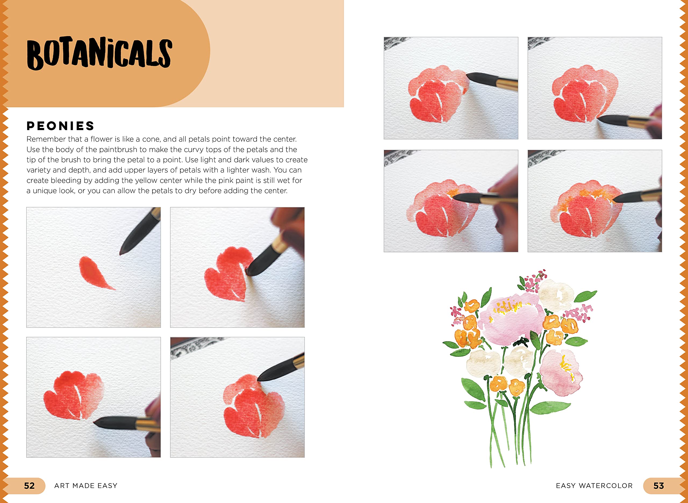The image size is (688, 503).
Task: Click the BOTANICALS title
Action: pyautogui.click(x=99, y=53)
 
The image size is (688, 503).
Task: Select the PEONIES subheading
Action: pyautogui.click(x=60, y=126)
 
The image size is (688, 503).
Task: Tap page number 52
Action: pyautogui.click(x=30, y=486)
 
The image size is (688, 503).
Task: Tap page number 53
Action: pyautogui.click(x=658, y=486)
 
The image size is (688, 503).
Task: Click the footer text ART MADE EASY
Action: pyautogui.click(x=86, y=486)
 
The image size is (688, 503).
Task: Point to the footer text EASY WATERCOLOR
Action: pyautogui.click(x=594, y=486)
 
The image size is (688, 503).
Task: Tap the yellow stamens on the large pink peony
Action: pyautogui.click(x=507, y=308)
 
